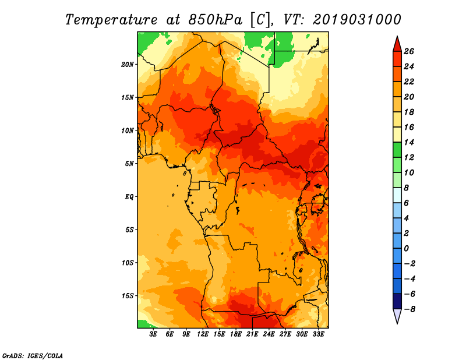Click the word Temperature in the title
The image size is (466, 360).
[x=111, y=20]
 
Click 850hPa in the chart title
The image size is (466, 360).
[x=215, y=20]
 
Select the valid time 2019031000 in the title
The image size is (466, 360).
[x=357, y=20]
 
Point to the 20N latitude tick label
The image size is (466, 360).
[x=128, y=64]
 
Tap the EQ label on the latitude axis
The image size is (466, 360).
[x=129, y=197]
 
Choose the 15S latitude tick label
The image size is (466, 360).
[x=128, y=296]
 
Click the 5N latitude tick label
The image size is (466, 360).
[x=129, y=164]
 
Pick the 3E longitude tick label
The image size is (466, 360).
[x=153, y=334]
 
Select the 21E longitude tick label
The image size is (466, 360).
[x=252, y=334]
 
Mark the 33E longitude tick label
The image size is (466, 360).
[x=318, y=334]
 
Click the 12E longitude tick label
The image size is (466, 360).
[x=203, y=334]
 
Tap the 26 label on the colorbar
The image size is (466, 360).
[x=409, y=51]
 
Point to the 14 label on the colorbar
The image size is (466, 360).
[x=409, y=142]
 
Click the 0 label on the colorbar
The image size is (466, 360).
[x=406, y=249]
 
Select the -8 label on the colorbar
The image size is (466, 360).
[x=410, y=309]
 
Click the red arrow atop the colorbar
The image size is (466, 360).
[x=397, y=45]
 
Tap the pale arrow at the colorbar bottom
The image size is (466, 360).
[x=397, y=316]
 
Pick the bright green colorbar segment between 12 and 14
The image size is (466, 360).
[x=397, y=150]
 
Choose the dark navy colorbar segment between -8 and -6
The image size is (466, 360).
[x=397, y=301]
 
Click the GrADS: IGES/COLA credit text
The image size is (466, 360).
[x=33, y=355]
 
